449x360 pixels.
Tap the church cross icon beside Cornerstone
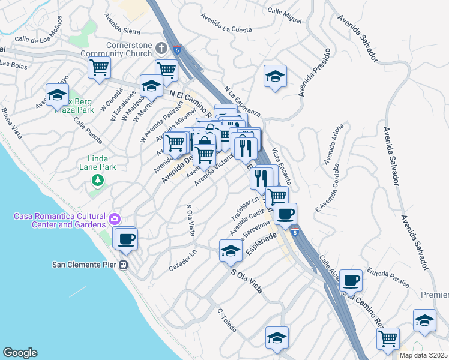(161, 47)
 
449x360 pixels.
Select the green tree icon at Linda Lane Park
(96, 179)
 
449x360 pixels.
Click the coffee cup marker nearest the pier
(125, 239)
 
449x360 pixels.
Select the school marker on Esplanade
(230, 251)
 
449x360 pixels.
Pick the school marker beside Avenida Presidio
(274, 76)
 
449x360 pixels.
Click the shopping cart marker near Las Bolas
(99, 67)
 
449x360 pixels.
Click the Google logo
(20, 353)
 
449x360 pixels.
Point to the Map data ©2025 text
(423, 355)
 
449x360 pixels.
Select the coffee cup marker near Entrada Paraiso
(351, 280)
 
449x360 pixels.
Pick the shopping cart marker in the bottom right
(388, 338)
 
